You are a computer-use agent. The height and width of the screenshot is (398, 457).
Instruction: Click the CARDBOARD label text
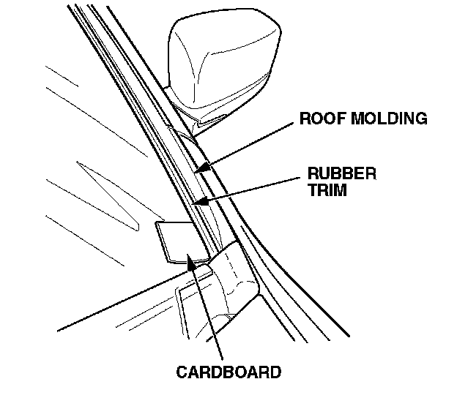click(x=228, y=372)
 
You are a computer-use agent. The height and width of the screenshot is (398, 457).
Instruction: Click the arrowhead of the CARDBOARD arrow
click(x=192, y=260)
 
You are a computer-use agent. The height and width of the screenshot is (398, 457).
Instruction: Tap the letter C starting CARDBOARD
click(x=182, y=372)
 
